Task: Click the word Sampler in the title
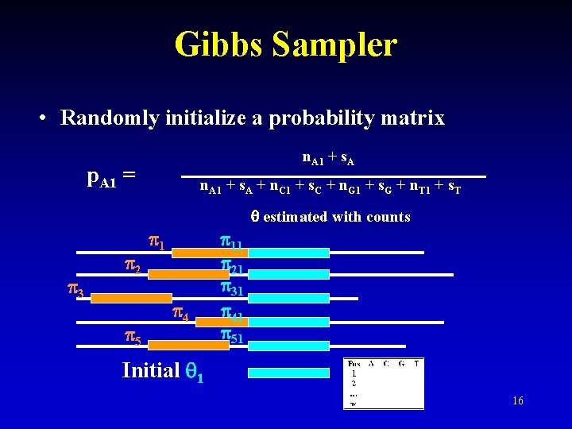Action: [333, 44]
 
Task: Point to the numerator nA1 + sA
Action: [328, 159]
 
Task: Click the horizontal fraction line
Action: [334, 176]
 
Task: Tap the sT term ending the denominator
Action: [454, 189]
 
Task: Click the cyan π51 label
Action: [231, 337]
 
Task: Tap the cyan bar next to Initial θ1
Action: [288, 373]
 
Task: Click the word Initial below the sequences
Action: [151, 370]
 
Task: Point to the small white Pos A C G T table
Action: [384, 384]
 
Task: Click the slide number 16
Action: [517, 401]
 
